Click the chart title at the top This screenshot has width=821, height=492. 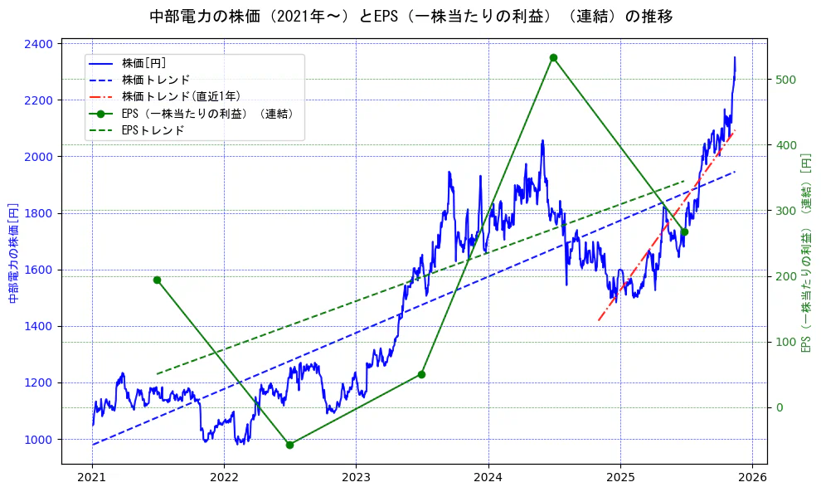411,17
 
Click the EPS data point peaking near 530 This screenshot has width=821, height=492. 553,57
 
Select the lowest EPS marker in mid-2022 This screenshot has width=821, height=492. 289,445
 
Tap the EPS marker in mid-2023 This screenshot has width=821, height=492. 421,374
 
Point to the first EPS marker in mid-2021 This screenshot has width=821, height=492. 157,280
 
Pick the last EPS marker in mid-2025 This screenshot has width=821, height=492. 684,232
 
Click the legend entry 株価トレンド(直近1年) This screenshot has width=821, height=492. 181,96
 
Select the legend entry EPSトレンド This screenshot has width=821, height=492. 153,130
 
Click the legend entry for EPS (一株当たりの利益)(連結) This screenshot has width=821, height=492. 207,114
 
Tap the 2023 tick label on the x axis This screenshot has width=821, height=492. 356,477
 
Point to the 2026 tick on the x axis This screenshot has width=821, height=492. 751,477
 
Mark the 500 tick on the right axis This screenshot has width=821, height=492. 785,80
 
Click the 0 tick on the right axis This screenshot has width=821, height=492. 779,407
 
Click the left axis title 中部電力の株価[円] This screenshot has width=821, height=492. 13,253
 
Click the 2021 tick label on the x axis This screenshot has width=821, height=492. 91,477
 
